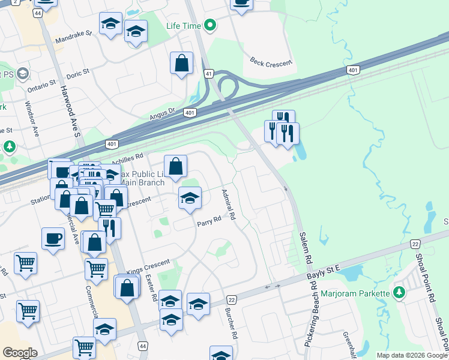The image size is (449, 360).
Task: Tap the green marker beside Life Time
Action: click(x=209, y=26)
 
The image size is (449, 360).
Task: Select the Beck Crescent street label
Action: click(x=271, y=62)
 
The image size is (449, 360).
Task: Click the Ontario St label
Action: click(x=41, y=83)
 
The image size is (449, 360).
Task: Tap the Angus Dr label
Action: click(x=162, y=110)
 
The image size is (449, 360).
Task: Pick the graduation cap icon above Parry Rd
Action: click(x=189, y=198)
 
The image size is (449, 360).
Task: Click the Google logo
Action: click(x=20, y=353)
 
